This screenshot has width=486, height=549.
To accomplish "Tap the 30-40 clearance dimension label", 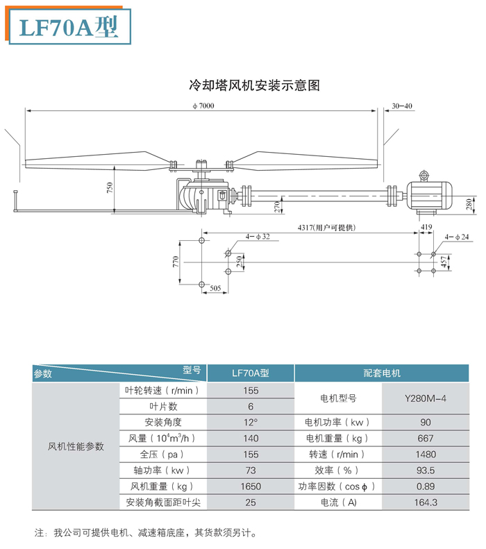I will [402, 105].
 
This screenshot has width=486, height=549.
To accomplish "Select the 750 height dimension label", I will [110, 187].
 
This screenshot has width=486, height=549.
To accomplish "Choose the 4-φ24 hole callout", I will [458, 237].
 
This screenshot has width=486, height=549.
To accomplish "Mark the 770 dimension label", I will [176, 262].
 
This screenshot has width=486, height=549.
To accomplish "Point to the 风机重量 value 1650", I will [251, 487].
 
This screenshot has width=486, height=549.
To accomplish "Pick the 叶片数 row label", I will [163, 406].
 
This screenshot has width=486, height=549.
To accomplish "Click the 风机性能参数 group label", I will [76, 446].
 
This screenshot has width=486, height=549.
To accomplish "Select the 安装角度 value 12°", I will [251, 422].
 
